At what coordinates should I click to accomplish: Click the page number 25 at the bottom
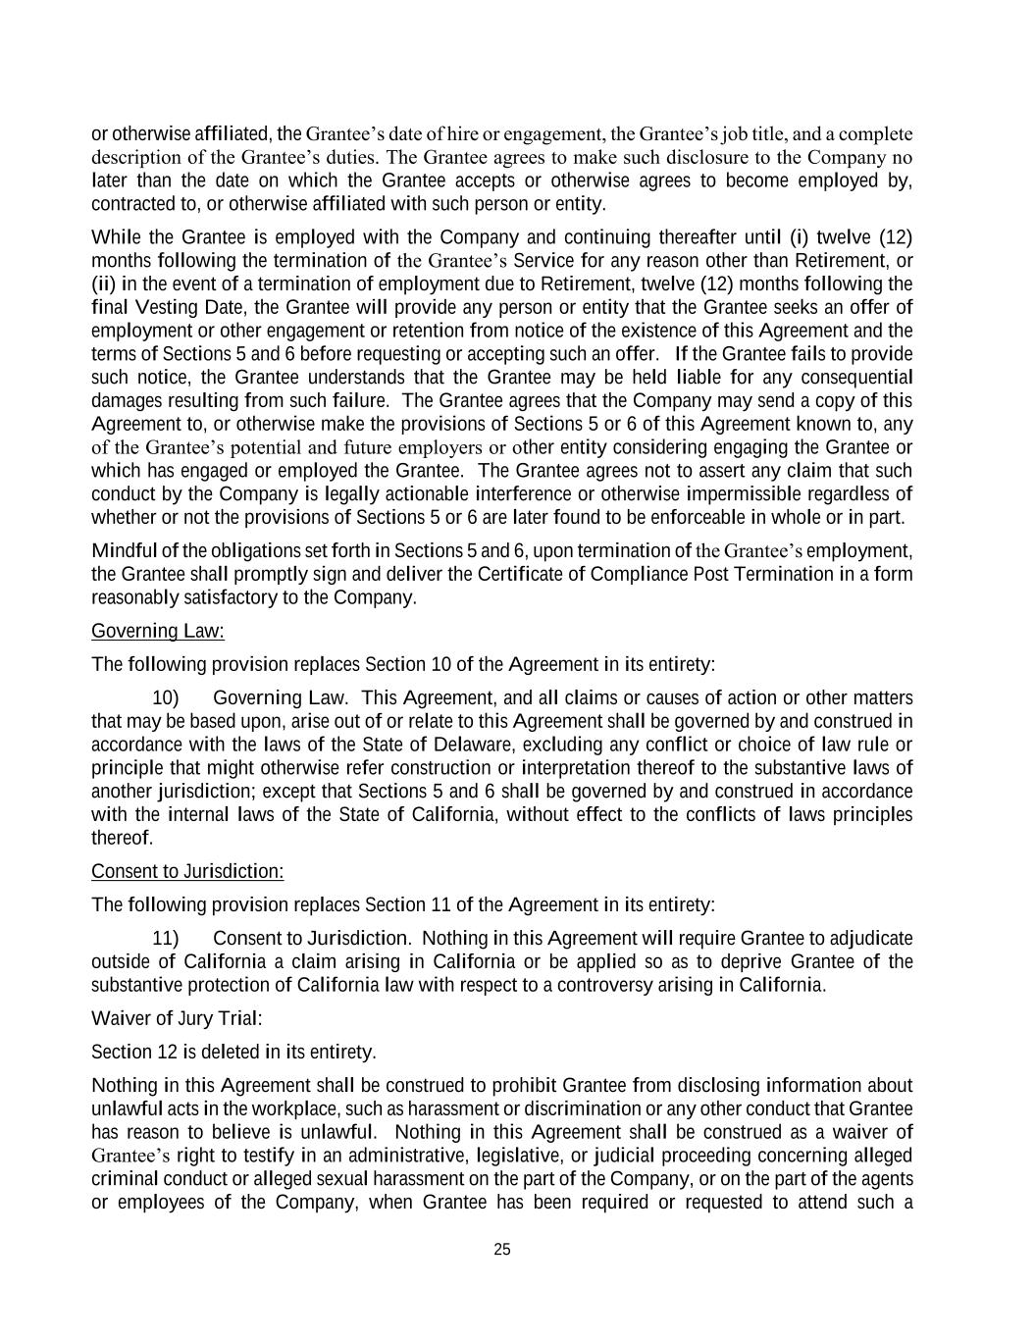[502, 1250]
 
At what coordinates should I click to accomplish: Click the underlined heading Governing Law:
[158, 631]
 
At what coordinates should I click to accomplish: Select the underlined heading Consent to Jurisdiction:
[187, 871]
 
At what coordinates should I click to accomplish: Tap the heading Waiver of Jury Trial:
[177, 1018]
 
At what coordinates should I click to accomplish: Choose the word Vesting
[163, 307]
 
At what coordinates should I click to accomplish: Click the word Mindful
[124, 550]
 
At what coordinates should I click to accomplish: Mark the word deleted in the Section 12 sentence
[232, 1052]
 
